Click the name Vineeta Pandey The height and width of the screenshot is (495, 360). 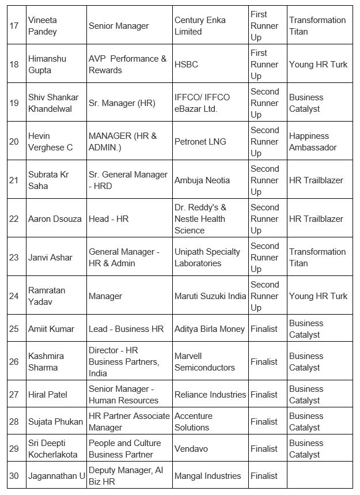click(x=43, y=26)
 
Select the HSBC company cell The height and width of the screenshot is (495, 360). click(x=186, y=65)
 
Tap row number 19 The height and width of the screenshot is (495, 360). click(x=14, y=103)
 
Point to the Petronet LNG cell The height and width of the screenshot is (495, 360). click(x=200, y=142)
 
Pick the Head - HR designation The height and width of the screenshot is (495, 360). click(x=108, y=219)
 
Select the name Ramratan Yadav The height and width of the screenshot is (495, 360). click(x=46, y=296)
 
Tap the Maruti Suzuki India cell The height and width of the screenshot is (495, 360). click(x=210, y=296)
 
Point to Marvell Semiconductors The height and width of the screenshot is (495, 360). click(x=204, y=362)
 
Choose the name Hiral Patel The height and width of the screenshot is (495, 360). click(x=48, y=395)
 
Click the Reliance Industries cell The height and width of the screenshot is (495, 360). click(x=210, y=395)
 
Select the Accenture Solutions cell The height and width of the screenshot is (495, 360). click(x=194, y=422)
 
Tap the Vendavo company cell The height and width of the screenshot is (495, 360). click(x=191, y=449)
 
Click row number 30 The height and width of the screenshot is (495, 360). click(x=14, y=476)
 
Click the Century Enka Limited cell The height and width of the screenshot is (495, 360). click(x=200, y=26)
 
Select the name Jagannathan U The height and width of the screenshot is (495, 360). click(x=56, y=476)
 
